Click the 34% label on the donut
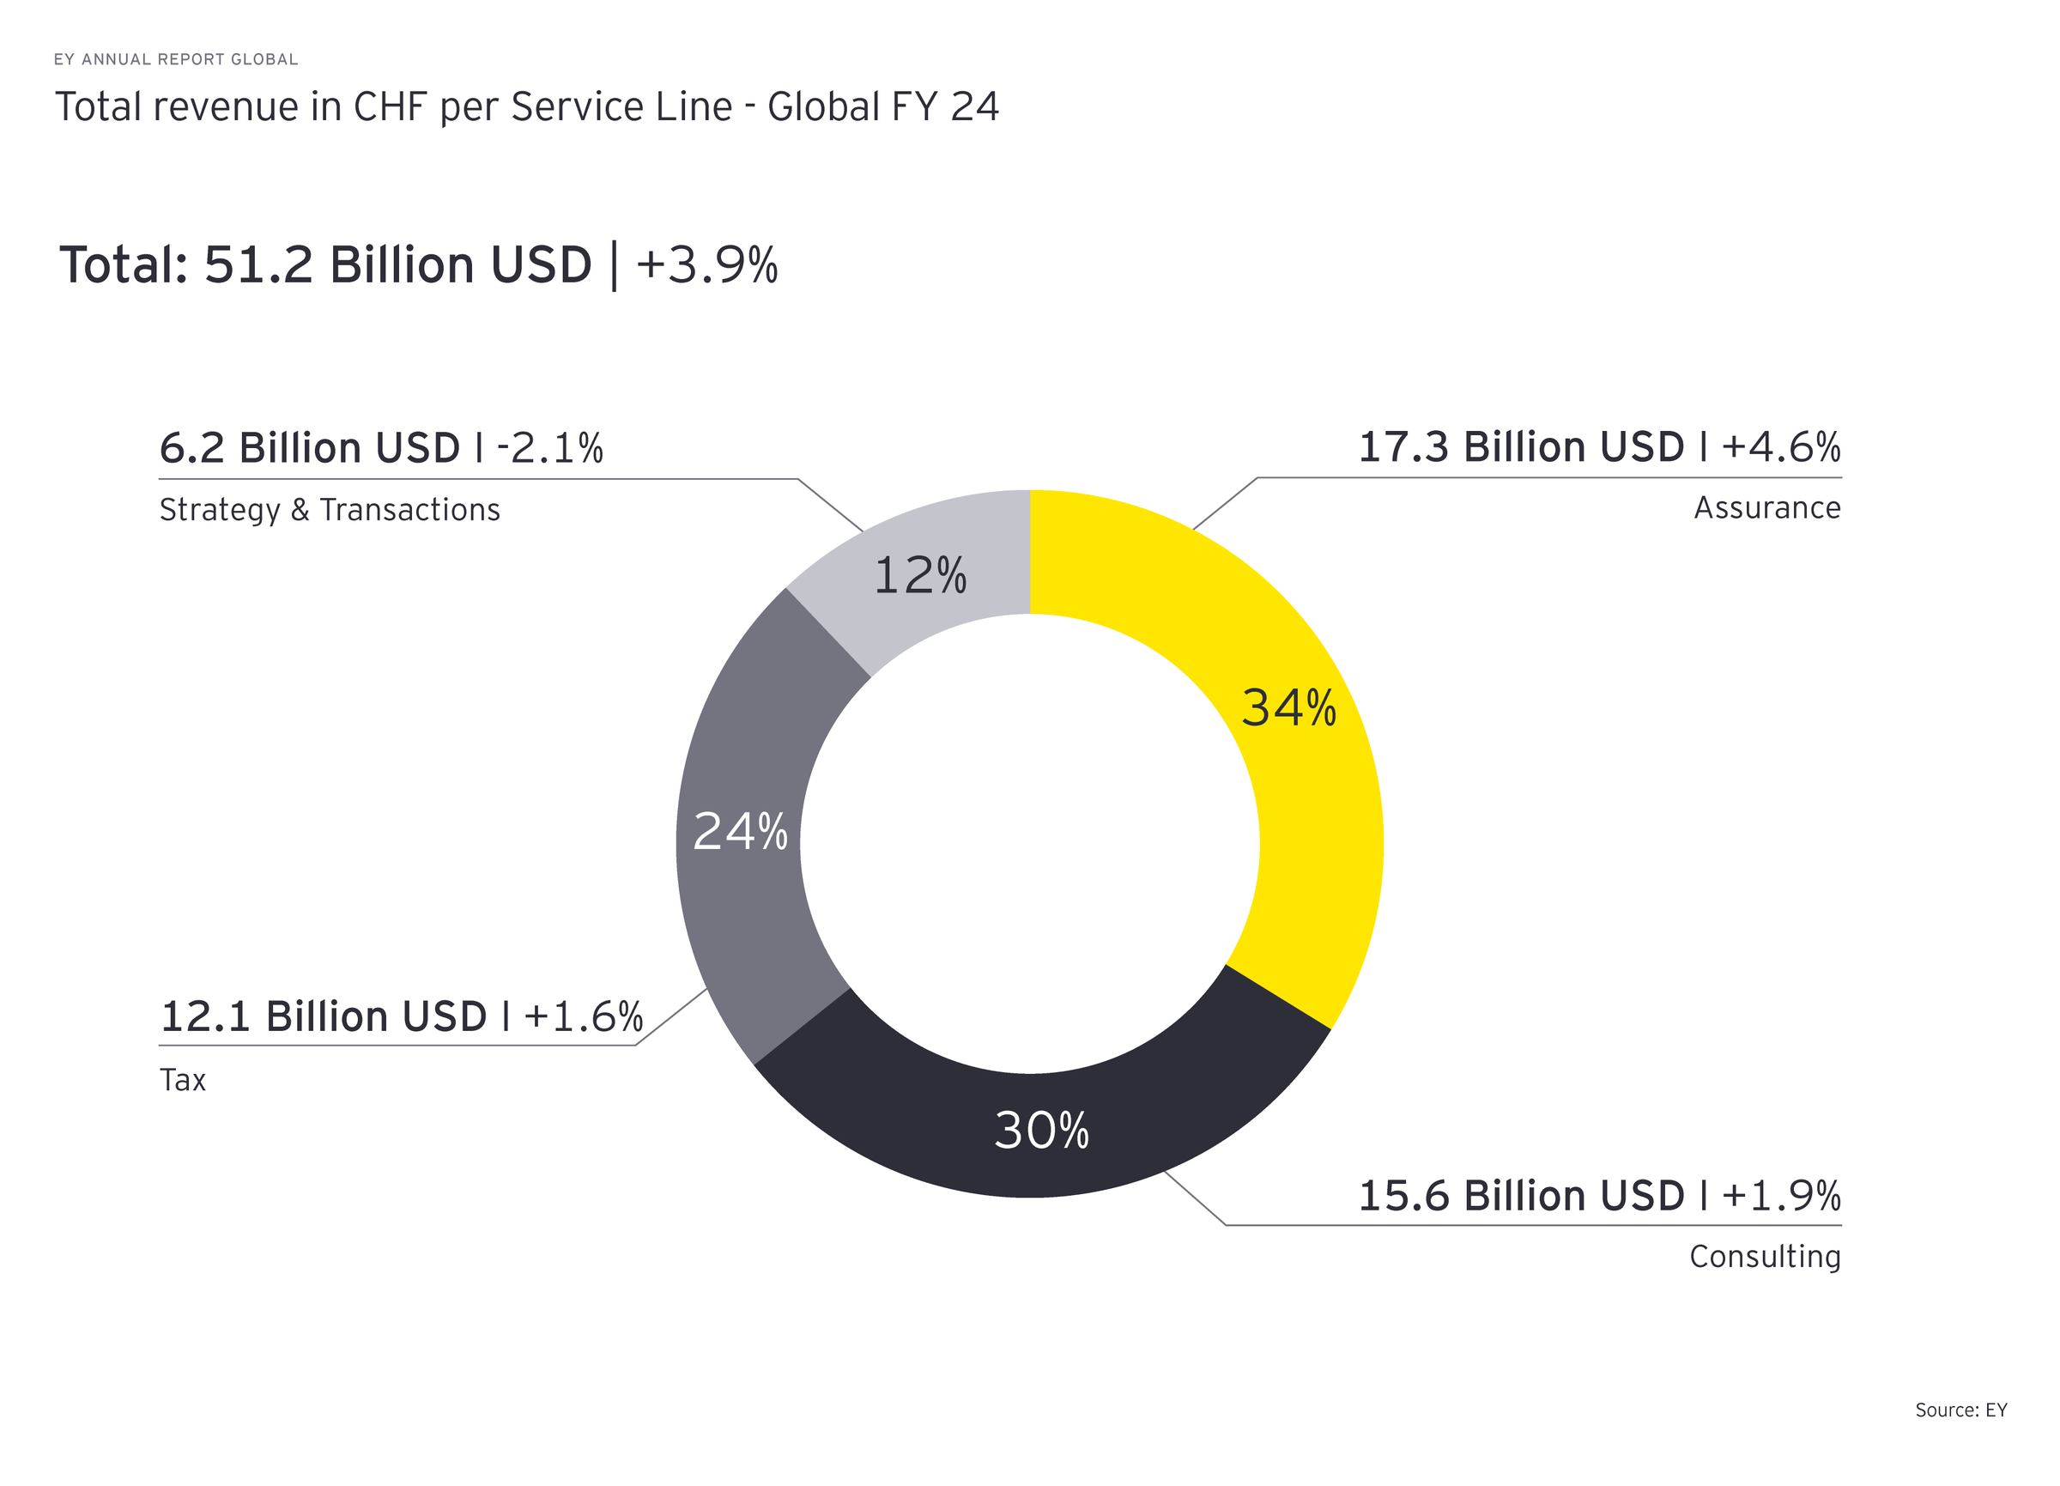point(1288,707)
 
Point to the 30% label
point(1041,1131)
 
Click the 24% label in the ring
point(739,831)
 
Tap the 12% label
point(920,576)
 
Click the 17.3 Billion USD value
point(1520,448)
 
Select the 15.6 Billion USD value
point(1520,1196)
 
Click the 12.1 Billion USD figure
point(324,1016)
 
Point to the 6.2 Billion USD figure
point(310,449)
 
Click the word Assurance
point(1766,507)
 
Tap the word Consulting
point(1764,1256)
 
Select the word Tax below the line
point(183,1080)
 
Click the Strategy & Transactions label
point(330,511)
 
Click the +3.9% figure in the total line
point(706,265)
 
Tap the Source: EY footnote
point(1960,1410)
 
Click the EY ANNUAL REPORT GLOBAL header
point(175,59)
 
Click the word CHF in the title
point(390,107)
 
